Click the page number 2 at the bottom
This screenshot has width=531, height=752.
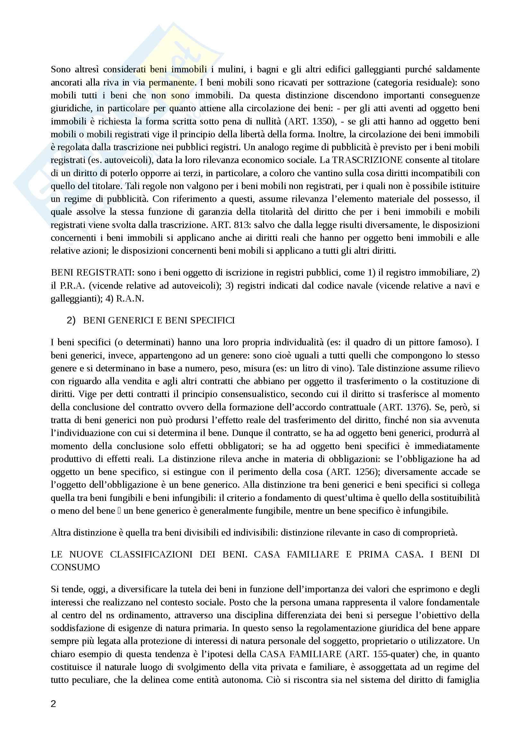[x=53, y=703]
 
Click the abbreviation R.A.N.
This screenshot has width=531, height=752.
[x=130, y=299]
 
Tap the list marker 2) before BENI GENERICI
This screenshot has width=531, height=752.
[x=71, y=320]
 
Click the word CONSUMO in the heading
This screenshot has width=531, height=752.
[x=75, y=567]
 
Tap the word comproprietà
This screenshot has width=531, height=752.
[x=429, y=532]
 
